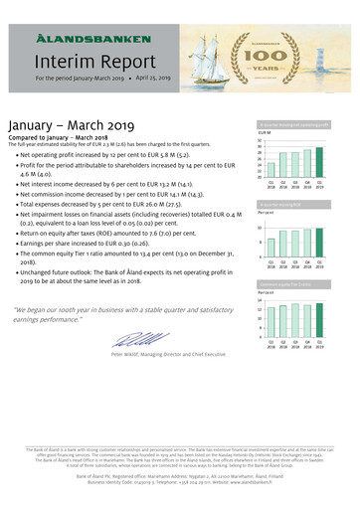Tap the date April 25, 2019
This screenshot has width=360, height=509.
point(155,77)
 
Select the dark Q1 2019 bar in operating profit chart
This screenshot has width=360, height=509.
point(319,163)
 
